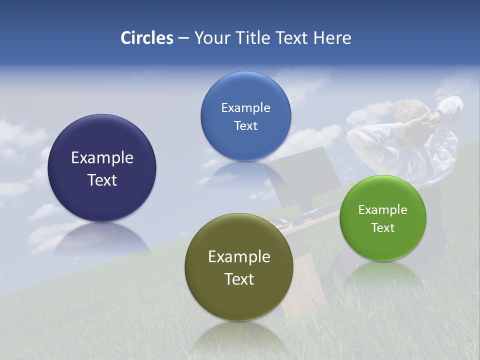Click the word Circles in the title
coord(147,38)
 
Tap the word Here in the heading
coord(332,38)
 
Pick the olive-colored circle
coord(238,300)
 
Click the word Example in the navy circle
coord(102,157)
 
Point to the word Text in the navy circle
coord(102,180)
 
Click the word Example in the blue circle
coord(245,107)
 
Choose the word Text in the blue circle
coord(245,125)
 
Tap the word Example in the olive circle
coord(239,256)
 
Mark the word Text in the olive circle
coord(239,279)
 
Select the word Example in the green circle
coord(382,209)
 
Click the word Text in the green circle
coord(382,227)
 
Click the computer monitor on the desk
coord(302,172)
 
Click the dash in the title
coord(183,38)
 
